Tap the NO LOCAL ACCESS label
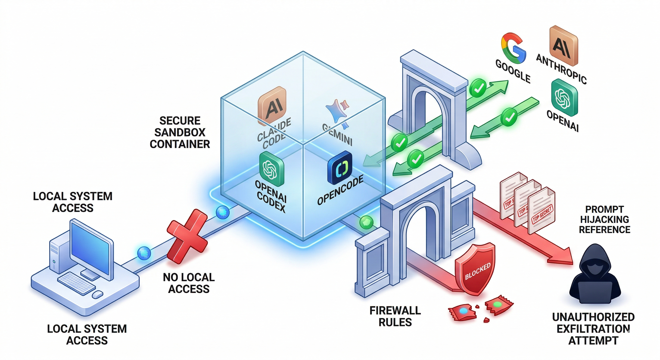[189, 283]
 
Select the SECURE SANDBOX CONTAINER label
[180, 132]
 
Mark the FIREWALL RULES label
[395, 316]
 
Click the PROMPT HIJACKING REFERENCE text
[604, 220]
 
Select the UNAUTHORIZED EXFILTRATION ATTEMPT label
[593, 329]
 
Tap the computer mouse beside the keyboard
[97, 294]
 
